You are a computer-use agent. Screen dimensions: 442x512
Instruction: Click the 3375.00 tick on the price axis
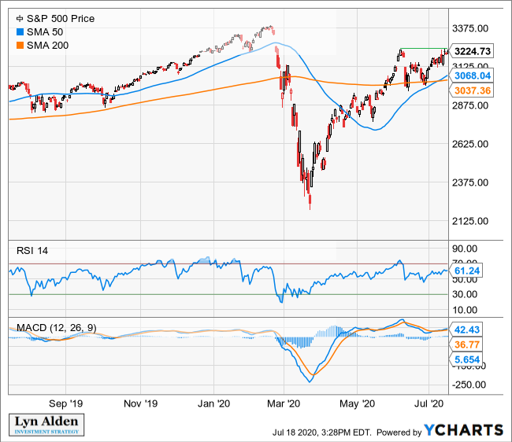pyautogui.click(x=473, y=29)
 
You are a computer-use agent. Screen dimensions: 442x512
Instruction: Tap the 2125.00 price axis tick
pyautogui.click(x=473, y=221)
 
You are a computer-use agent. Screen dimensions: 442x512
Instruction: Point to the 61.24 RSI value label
pyautogui.click(x=468, y=270)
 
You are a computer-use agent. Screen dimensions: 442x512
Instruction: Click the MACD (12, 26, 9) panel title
pyautogui.click(x=54, y=326)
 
